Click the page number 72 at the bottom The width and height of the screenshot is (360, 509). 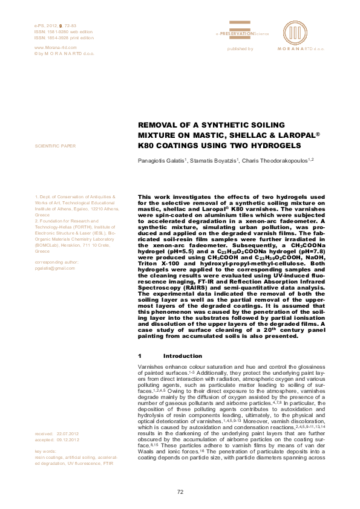click(180, 491)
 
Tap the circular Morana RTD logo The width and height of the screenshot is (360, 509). click(295, 31)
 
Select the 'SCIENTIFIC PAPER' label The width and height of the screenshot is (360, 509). click(56, 146)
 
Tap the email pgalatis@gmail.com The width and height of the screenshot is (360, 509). click(55, 267)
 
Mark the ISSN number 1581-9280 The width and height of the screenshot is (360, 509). click(58, 31)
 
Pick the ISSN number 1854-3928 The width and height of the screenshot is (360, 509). click(58, 37)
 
